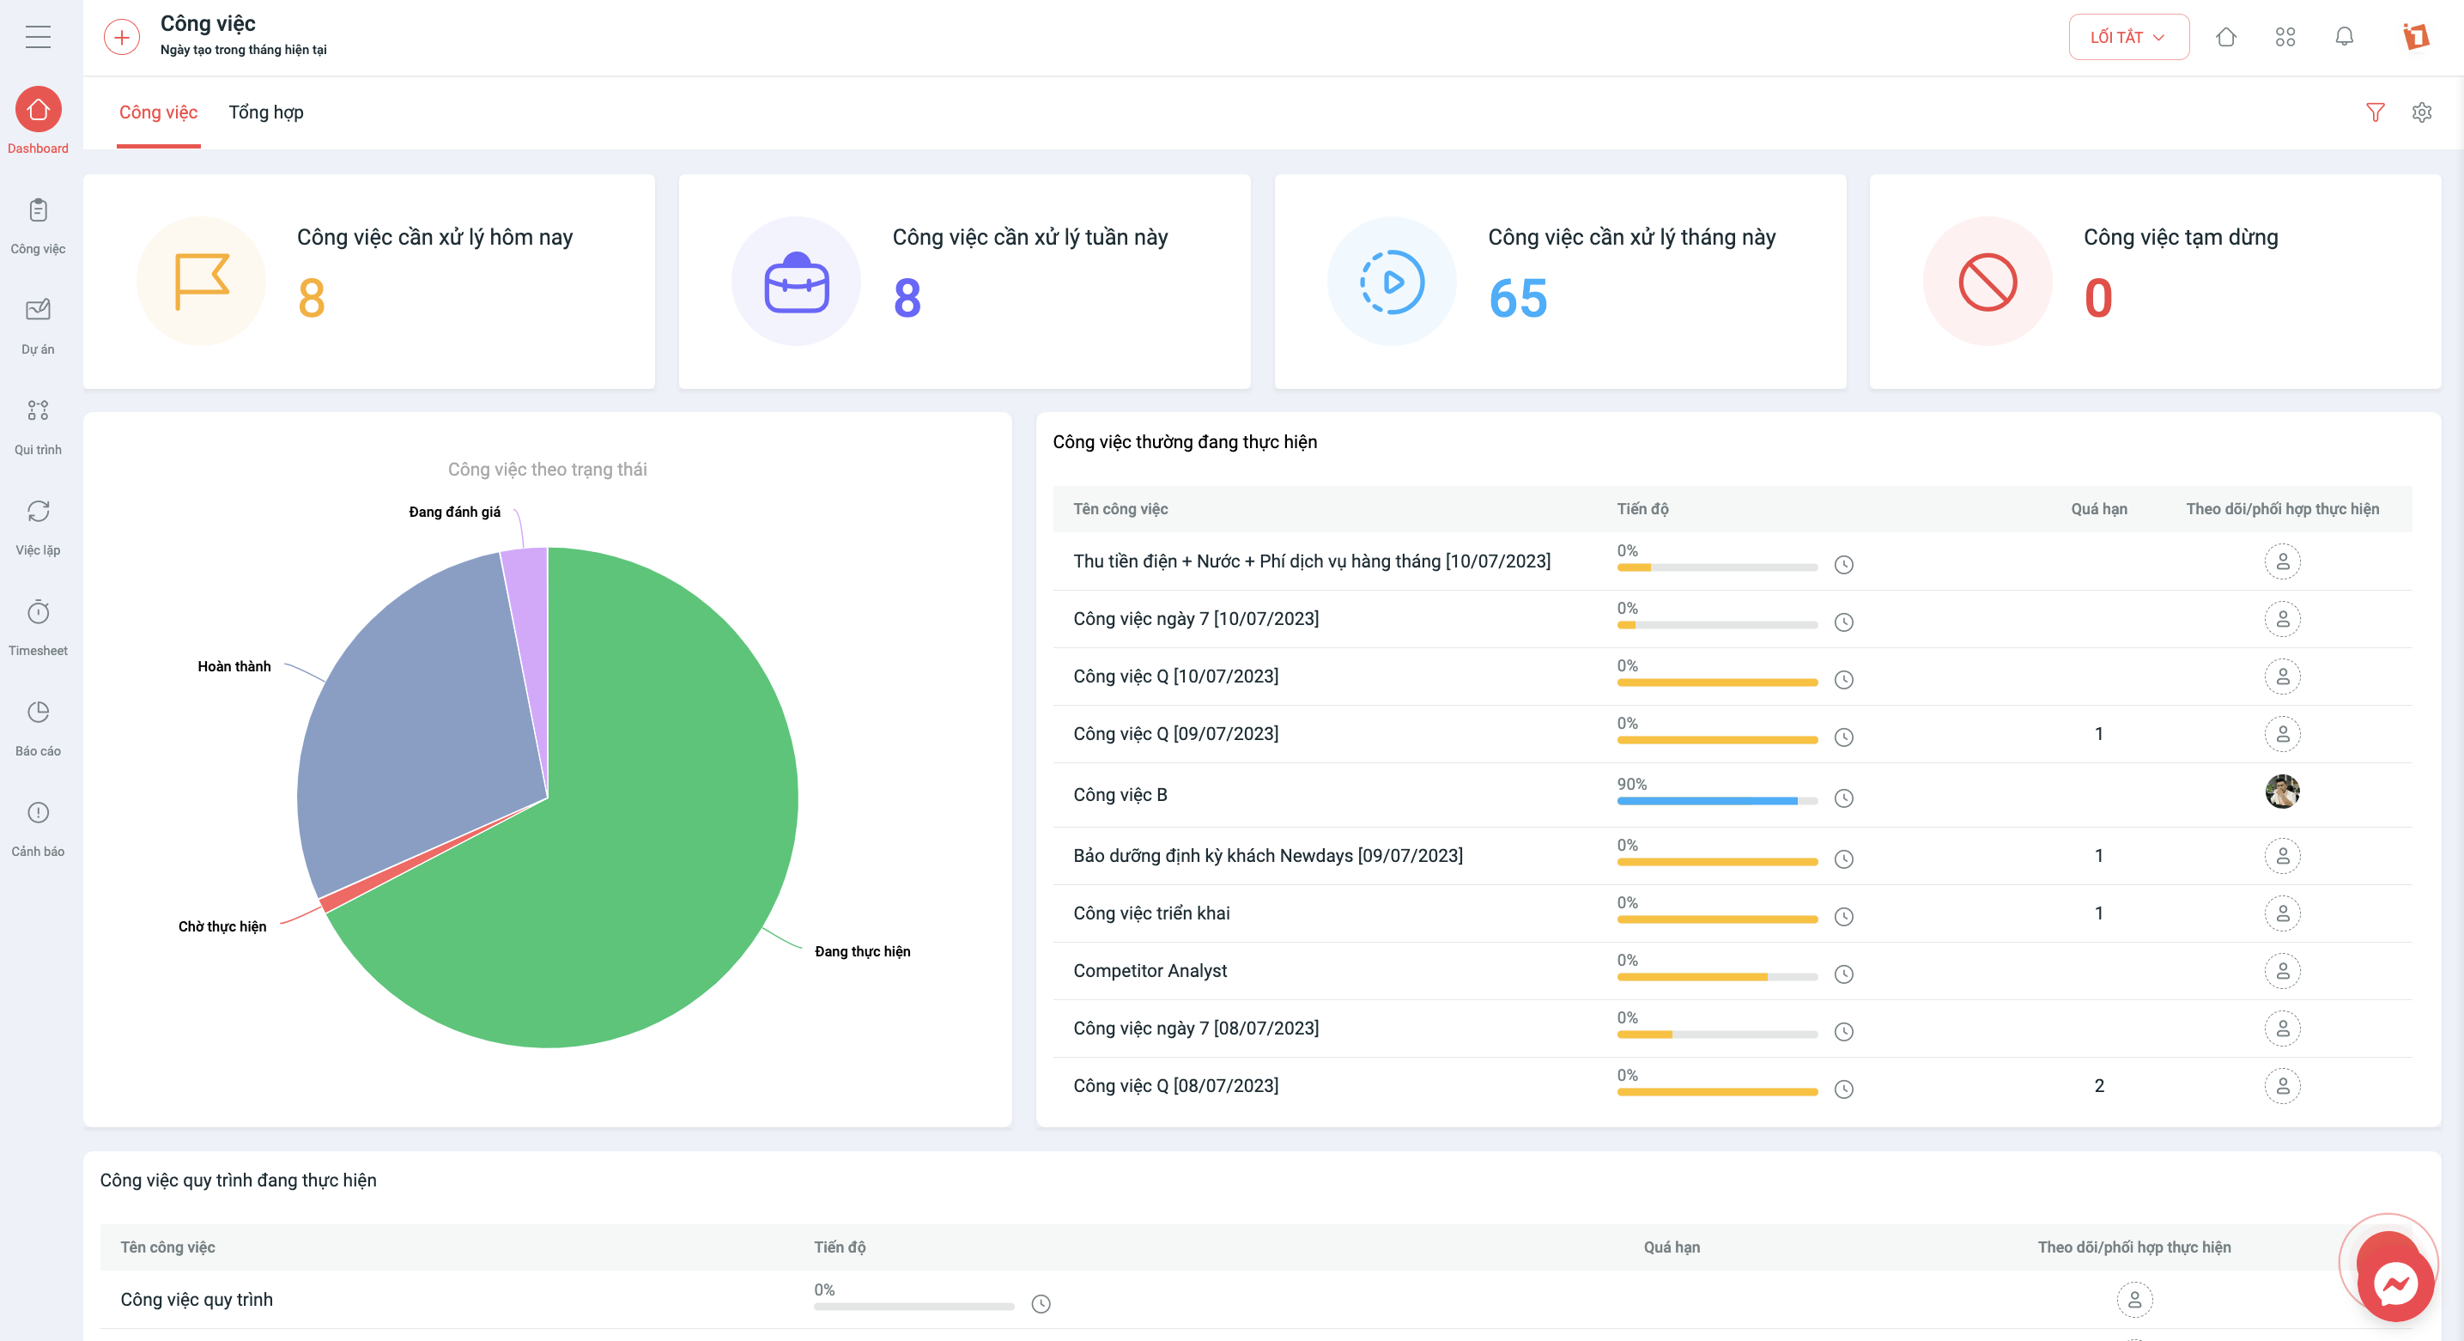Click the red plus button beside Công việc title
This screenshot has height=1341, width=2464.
121,37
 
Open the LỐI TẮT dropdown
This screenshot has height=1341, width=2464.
2128,37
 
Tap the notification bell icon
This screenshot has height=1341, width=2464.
2344,36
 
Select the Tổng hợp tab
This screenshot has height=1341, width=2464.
266,112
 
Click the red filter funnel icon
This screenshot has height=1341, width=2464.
2375,112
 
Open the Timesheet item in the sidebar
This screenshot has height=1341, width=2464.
39,628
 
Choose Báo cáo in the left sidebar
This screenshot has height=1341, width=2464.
39,728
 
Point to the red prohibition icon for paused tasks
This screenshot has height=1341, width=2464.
1988,282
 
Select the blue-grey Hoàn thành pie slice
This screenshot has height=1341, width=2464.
421,727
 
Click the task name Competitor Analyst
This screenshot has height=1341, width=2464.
1150,971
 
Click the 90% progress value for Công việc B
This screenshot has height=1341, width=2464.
1632,785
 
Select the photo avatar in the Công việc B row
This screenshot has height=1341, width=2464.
2282,792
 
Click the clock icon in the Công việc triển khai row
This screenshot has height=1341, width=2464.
1844,916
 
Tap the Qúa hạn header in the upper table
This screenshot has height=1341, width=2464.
2098,509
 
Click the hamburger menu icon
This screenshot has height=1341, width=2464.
39,37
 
